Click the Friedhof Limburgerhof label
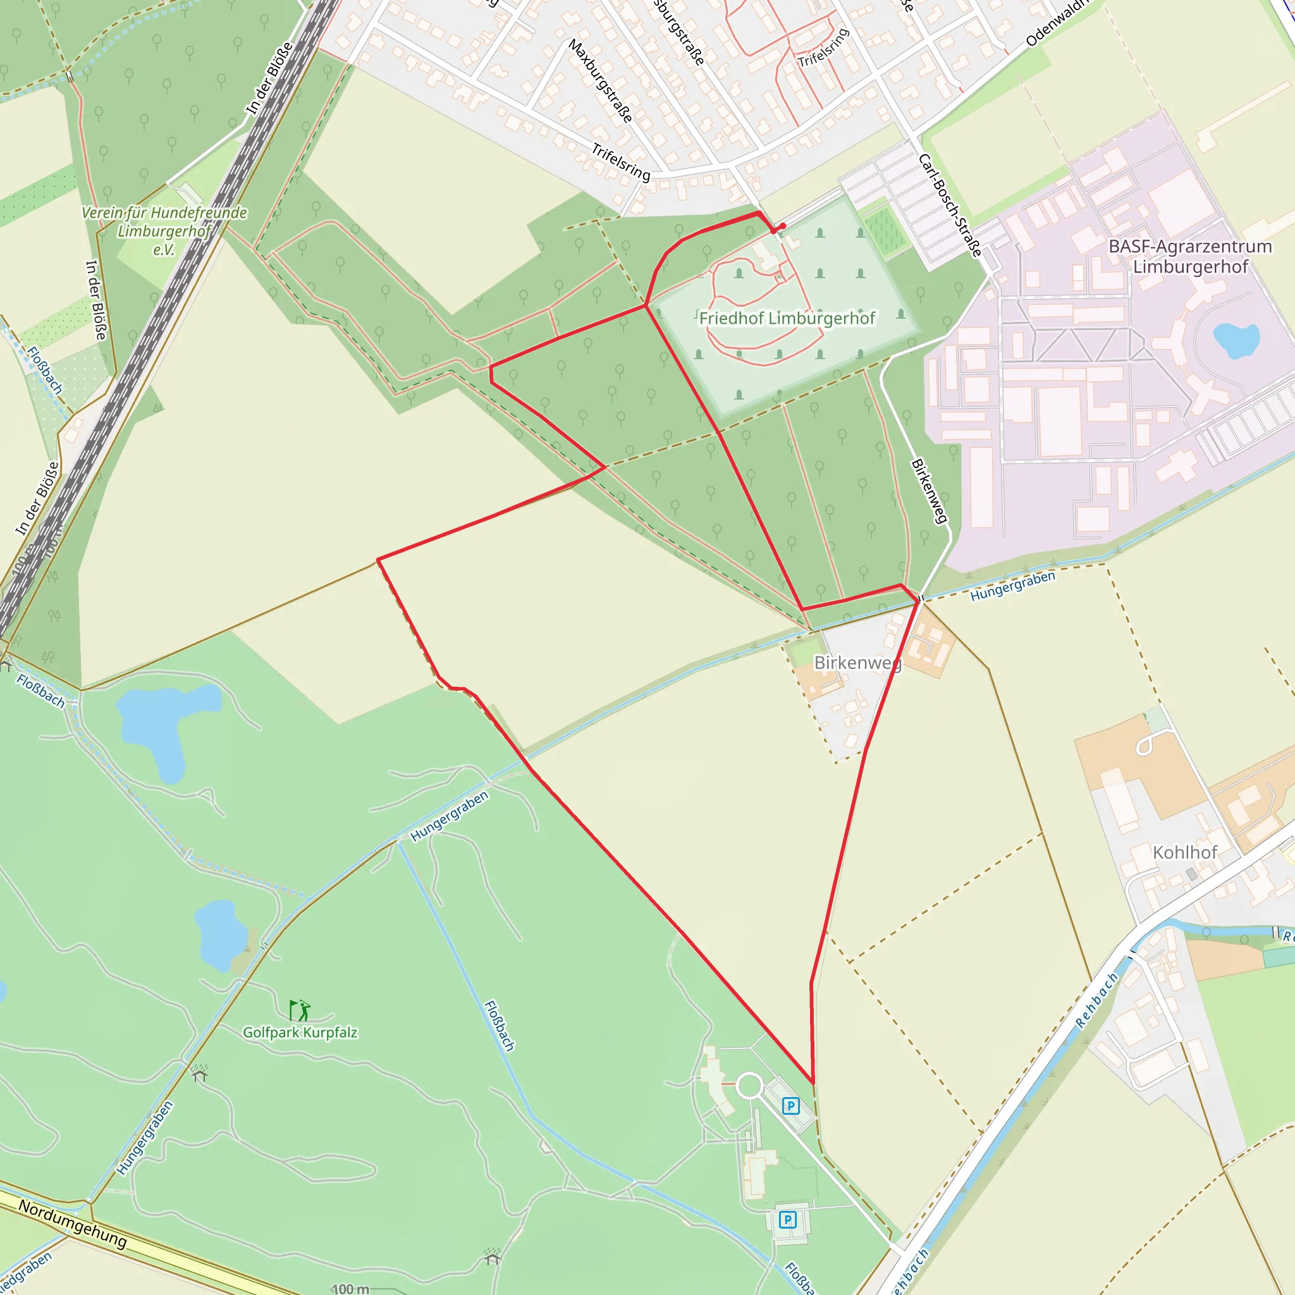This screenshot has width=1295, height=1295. point(787,319)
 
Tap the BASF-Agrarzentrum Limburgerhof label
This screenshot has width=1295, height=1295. point(1190,256)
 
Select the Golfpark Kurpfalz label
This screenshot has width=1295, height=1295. point(300,1032)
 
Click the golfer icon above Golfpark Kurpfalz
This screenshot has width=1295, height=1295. point(299,1010)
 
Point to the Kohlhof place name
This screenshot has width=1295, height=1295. point(1184,852)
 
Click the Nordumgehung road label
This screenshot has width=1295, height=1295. point(72,1224)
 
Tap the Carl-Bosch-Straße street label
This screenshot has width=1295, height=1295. point(950,205)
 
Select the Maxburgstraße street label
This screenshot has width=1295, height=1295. point(600,80)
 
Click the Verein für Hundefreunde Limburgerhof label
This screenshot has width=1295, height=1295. point(164,231)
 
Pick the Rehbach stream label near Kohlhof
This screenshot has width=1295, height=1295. point(1096,1001)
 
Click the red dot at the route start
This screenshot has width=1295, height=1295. point(782,226)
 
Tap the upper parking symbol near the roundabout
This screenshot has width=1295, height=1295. point(791,1106)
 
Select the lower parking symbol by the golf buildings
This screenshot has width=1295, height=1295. point(788,1219)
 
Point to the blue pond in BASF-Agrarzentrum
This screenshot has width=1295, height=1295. point(1236,340)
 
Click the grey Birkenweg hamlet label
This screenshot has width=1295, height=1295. point(858,663)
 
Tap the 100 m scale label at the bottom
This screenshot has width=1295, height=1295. point(350,1288)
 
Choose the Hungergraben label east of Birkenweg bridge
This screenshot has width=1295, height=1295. point(1012,585)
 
